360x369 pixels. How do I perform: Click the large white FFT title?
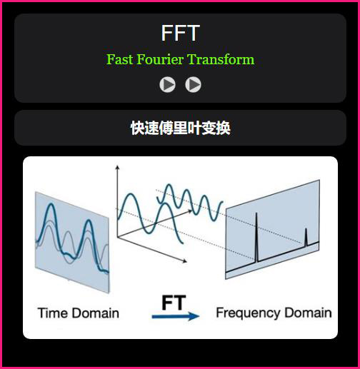click(x=180, y=33)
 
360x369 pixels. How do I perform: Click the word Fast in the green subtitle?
click(x=119, y=59)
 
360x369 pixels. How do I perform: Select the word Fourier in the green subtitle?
click(x=160, y=59)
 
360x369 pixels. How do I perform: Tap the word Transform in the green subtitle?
click(x=221, y=59)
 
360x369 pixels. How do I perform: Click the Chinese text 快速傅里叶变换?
click(x=180, y=128)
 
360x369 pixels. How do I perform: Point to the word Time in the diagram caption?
click(x=53, y=313)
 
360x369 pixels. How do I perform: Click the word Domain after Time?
click(x=96, y=313)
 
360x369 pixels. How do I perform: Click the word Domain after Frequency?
click(x=308, y=313)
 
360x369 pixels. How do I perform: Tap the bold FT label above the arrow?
click(x=174, y=303)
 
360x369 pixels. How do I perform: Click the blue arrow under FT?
click(x=176, y=316)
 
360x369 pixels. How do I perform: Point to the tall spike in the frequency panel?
click(x=256, y=238)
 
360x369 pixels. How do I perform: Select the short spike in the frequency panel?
click(x=306, y=237)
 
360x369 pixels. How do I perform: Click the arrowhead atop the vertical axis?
click(x=117, y=168)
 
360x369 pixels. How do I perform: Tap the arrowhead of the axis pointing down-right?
click(x=185, y=261)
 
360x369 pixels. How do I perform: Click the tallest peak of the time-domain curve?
click(x=51, y=204)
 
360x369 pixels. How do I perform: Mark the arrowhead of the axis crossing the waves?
click(x=190, y=211)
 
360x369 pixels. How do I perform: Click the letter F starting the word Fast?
click(x=110, y=59)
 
